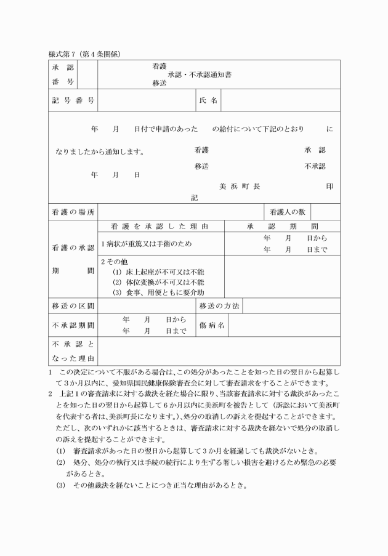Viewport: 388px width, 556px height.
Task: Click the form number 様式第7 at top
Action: [65, 54]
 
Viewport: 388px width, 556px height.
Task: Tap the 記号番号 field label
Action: [73, 100]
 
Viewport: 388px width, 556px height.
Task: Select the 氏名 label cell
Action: [208, 100]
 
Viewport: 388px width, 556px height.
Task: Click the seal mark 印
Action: [330, 186]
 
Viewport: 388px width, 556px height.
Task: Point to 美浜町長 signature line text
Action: [240, 186]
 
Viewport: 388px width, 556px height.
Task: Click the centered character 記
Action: [195, 198]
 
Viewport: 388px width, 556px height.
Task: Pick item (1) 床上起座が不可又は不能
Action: [158, 272]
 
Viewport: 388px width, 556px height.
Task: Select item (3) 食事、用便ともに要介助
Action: [158, 292]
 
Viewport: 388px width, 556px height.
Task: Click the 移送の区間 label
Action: [73, 306]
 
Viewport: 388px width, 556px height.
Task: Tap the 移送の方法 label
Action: [219, 306]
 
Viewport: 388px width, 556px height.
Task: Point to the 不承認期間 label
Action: [73, 325]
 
